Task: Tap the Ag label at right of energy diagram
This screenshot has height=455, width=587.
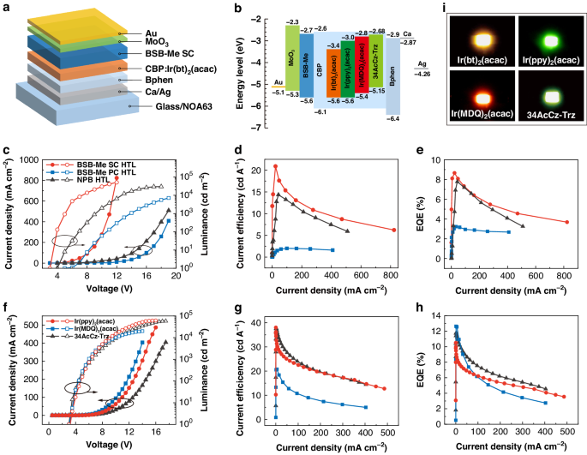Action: click(x=422, y=63)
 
